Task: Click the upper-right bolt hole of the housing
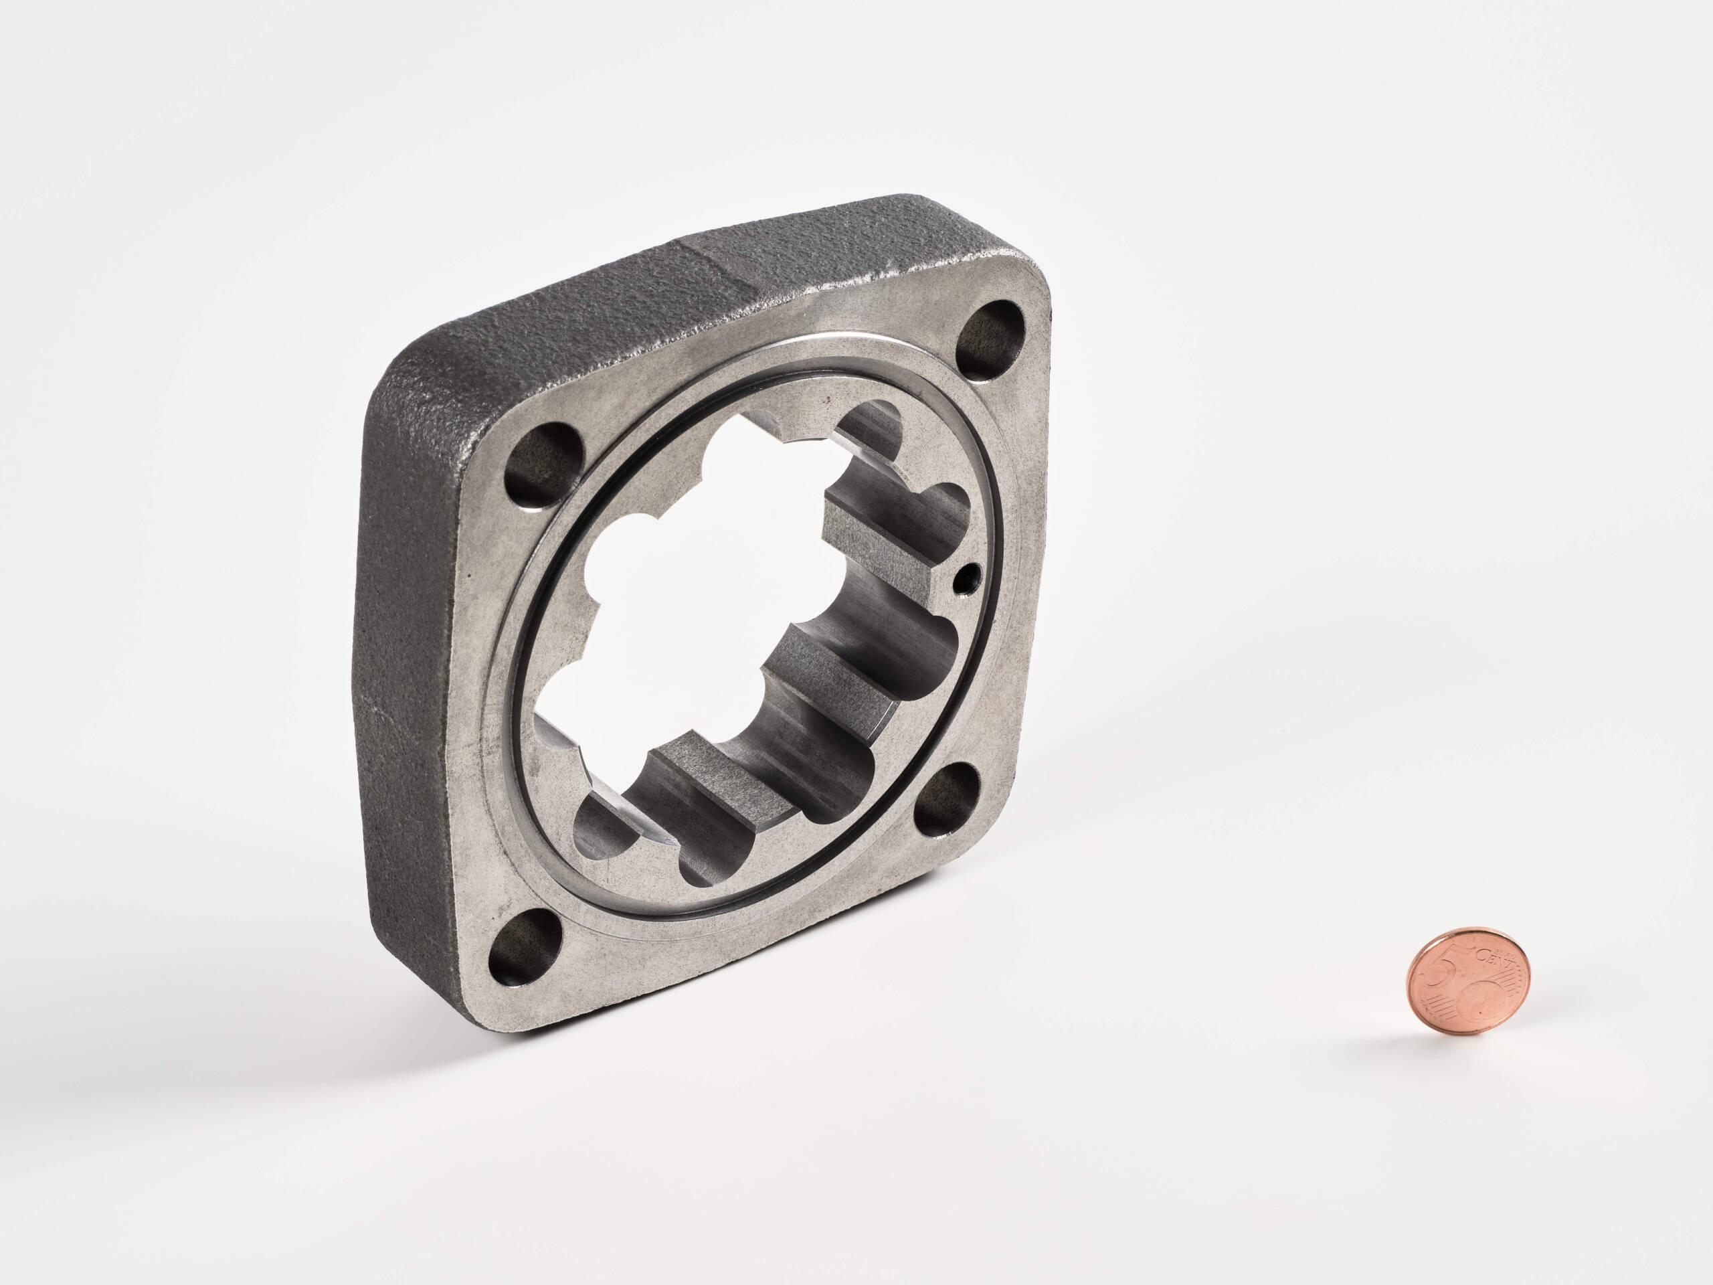tap(992, 339)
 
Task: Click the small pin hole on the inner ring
tap(967, 576)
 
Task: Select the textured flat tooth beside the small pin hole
tap(883, 535)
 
